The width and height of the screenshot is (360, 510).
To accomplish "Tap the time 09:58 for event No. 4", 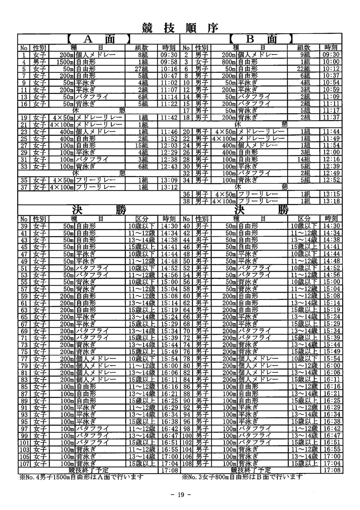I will click(x=169, y=62).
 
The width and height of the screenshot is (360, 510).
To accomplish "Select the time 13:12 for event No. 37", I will click(x=169, y=187).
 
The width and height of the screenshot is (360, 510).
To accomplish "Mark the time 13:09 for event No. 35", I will click(x=169, y=180).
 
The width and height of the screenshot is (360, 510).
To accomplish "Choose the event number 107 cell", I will click(x=24, y=463).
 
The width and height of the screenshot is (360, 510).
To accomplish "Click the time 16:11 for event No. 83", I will click(x=169, y=379).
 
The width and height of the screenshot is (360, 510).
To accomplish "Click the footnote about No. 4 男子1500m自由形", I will click(x=81, y=477).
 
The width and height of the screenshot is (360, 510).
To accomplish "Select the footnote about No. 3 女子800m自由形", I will click(x=242, y=477).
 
